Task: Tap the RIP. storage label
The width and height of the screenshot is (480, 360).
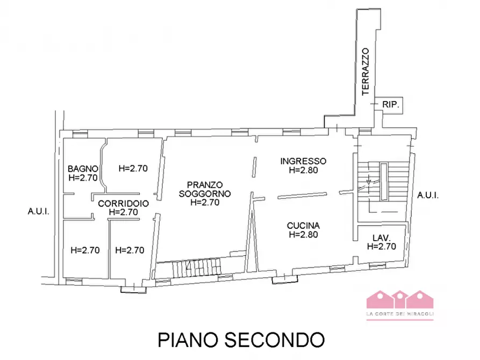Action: [x=390, y=106]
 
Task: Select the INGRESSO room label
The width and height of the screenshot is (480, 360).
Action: [x=304, y=161]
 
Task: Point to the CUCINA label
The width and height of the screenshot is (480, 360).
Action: [x=304, y=226]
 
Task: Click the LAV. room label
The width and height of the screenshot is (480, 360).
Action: [x=382, y=238]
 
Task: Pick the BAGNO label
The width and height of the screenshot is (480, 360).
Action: [x=82, y=168]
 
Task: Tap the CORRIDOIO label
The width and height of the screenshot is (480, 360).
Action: [x=123, y=204]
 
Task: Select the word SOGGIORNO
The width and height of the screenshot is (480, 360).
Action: [x=205, y=193]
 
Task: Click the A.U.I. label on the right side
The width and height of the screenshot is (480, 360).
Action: [x=428, y=196]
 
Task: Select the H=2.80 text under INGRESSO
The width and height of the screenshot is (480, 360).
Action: [x=304, y=170]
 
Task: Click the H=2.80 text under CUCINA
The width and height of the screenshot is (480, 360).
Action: [x=304, y=235]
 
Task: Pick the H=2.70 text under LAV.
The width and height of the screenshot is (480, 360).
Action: [x=382, y=247]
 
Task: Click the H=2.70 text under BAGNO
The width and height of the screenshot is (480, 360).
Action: [x=82, y=177]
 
